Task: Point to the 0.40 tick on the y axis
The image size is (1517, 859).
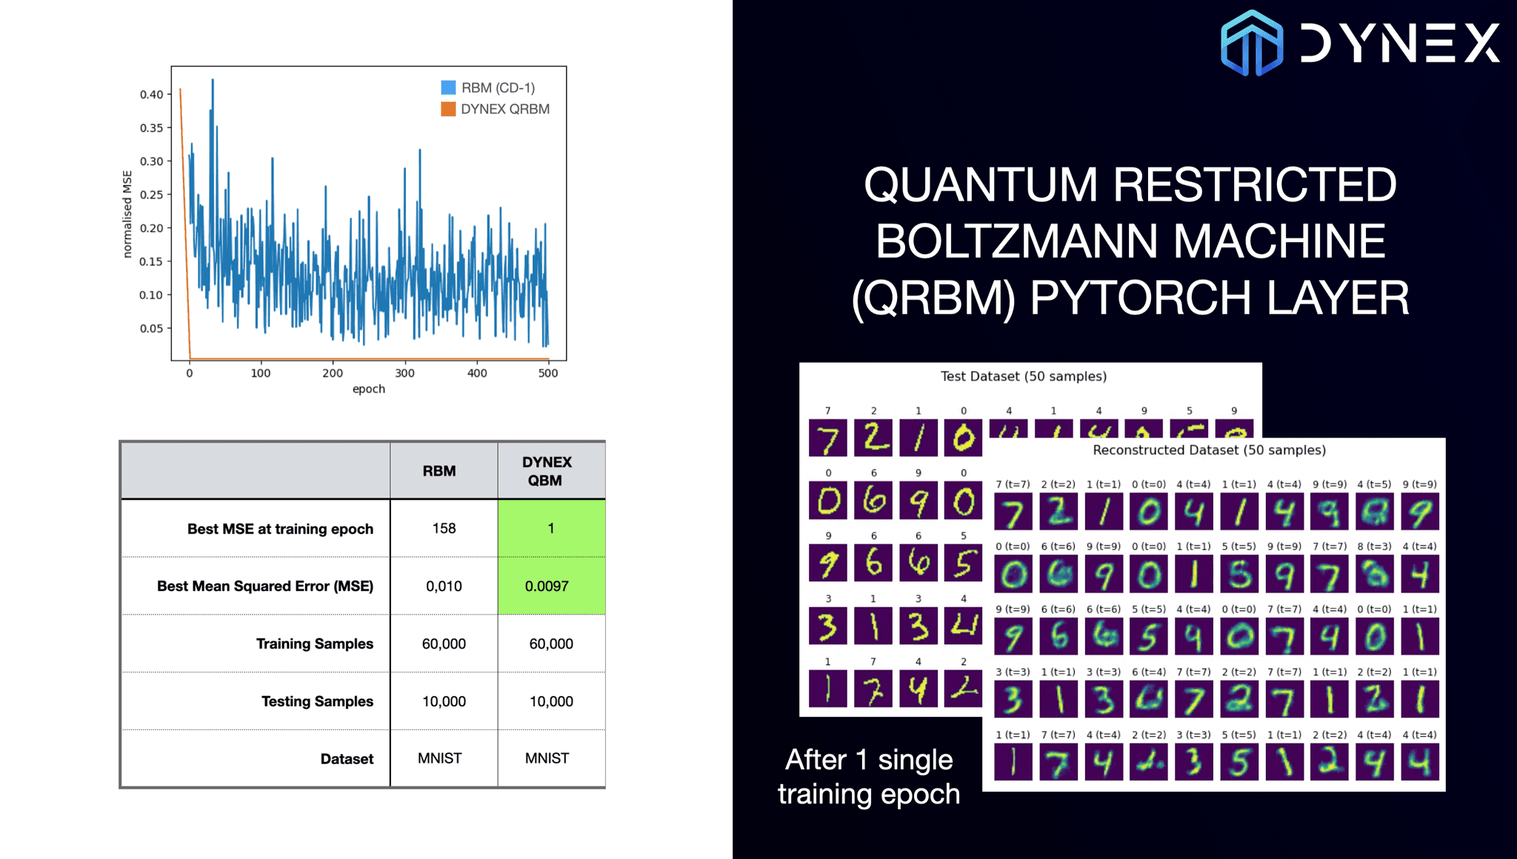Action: coord(151,95)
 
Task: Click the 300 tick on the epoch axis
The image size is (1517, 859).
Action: coord(404,373)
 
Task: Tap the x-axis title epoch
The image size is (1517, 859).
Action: coord(368,389)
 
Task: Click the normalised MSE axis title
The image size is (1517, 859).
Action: coord(127,214)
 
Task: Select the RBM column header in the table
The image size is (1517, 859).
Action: coord(439,471)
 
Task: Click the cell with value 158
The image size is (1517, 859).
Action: coord(444,529)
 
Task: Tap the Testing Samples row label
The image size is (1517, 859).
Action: coord(317,701)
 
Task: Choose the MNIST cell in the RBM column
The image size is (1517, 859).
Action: coord(439,758)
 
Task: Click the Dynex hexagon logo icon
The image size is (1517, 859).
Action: coord(1252,43)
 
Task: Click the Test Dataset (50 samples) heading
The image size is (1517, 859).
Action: coord(1023,376)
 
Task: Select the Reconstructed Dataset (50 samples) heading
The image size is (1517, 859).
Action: coord(1209,450)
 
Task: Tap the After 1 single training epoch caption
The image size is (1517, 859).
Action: coord(869,777)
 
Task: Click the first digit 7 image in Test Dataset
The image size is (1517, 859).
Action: coord(827,438)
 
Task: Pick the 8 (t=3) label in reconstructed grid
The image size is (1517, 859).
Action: coord(1374,547)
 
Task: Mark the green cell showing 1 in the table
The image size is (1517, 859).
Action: coord(550,529)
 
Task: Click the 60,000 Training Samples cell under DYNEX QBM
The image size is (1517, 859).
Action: coord(550,644)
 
